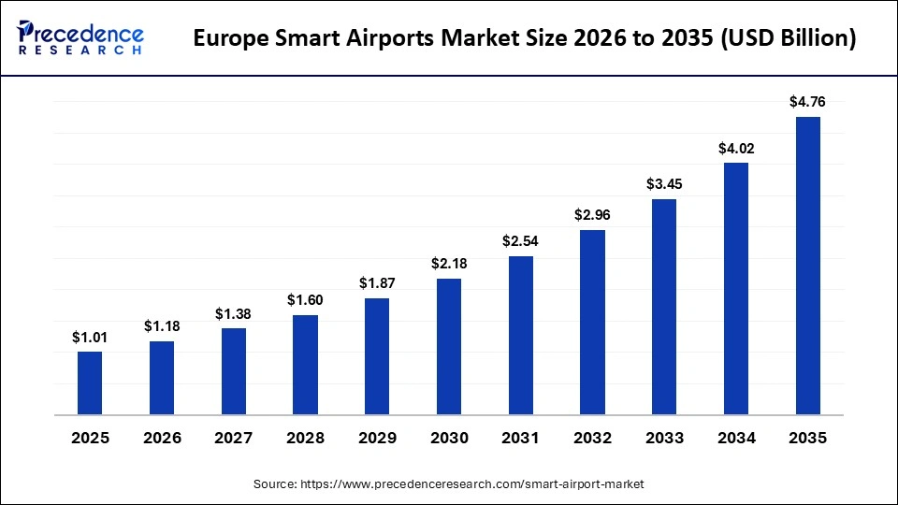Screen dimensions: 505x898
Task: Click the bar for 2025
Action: click(90, 382)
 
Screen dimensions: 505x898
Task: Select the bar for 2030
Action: click(449, 346)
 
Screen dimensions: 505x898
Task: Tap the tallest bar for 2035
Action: click(807, 265)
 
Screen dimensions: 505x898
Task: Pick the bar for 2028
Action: click(305, 365)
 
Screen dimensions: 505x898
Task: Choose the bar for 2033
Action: click(664, 306)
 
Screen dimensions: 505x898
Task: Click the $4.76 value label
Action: click(807, 101)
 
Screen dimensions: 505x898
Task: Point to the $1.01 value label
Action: click(90, 336)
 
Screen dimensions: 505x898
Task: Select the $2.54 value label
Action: click(520, 240)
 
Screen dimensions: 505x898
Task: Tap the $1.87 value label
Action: click(377, 282)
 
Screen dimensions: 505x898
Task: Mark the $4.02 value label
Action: click(736, 147)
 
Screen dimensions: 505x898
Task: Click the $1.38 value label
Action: click(234, 312)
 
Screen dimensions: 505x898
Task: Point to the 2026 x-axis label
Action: click(162, 438)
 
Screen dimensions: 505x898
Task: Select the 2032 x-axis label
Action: click(592, 438)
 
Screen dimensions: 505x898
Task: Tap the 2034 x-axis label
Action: click(736, 438)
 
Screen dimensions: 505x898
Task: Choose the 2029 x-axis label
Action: click(377, 438)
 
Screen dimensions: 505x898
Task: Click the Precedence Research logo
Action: click(80, 38)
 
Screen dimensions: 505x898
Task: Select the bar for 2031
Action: click(520, 335)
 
